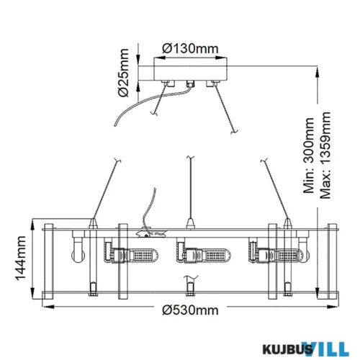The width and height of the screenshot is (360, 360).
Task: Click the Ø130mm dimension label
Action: (x=190, y=48)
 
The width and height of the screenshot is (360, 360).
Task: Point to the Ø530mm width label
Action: (x=190, y=310)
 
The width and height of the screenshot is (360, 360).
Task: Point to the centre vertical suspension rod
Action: (x=190, y=187)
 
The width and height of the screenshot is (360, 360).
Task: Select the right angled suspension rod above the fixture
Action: (x=275, y=187)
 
